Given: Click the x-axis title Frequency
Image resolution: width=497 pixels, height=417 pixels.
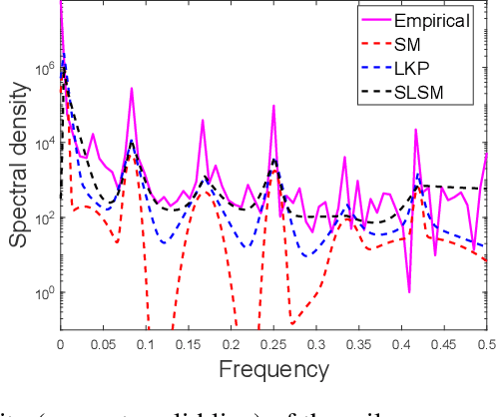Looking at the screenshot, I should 272,370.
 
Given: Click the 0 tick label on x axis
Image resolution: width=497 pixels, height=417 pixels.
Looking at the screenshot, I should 60,342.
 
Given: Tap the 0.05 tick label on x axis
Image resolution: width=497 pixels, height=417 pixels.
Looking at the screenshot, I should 102,342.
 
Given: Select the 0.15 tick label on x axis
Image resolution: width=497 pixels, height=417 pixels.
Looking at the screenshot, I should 188,342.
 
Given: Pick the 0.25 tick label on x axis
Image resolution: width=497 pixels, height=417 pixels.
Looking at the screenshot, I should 272,342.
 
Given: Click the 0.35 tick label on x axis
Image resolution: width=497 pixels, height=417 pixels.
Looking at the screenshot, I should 358,342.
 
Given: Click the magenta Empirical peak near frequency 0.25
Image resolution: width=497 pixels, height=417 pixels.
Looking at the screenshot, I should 272,104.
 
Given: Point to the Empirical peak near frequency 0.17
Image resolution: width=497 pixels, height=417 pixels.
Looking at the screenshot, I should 203,121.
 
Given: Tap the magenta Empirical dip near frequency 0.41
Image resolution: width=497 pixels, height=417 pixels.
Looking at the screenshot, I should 410,291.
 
